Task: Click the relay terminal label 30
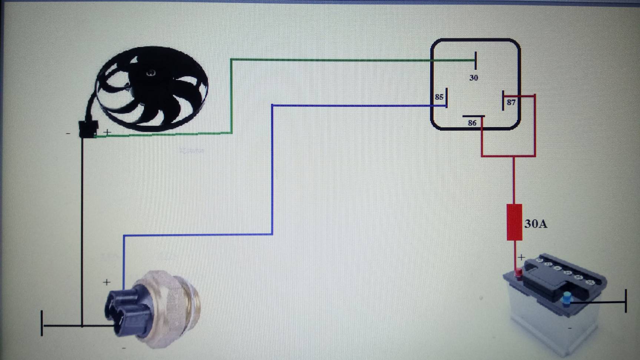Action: click(x=474, y=78)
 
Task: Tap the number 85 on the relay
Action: click(x=439, y=97)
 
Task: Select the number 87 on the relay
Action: click(x=511, y=102)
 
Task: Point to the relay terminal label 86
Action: click(x=472, y=123)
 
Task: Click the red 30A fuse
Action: click(x=514, y=222)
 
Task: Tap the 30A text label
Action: click(x=535, y=224)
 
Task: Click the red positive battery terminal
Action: click(x=519, y=274)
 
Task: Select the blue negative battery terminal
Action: click(x=566, y=298)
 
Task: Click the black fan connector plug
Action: click(x=88, y=129)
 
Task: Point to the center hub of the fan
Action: click(x=151, y=73)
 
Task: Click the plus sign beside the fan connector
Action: click(x=107, y=132)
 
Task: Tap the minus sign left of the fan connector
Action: click(x=68, y=133)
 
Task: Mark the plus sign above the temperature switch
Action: click(x=107, y=283)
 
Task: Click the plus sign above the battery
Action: click(x=521, y=257)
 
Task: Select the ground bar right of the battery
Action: click(x=626, y=301)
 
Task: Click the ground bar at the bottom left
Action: click(x=42, y=323)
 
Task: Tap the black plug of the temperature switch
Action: click(x=126, y=311)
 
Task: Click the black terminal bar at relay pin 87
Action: click(x=503, y=100)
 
